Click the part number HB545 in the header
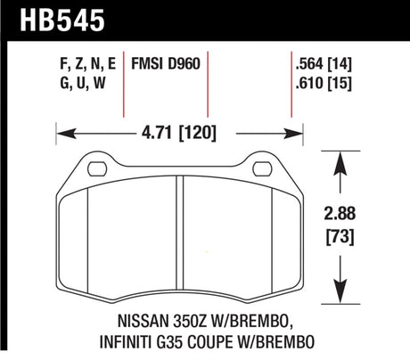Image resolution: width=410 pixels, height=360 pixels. click(45, 18)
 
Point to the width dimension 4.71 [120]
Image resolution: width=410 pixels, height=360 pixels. click(181, 135)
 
